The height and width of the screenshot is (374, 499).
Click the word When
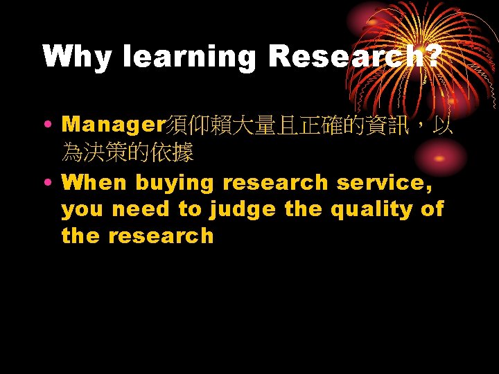click(94, 183)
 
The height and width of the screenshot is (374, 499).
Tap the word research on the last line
click(160, 236)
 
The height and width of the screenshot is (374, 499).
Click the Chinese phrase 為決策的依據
click(128, 152)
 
